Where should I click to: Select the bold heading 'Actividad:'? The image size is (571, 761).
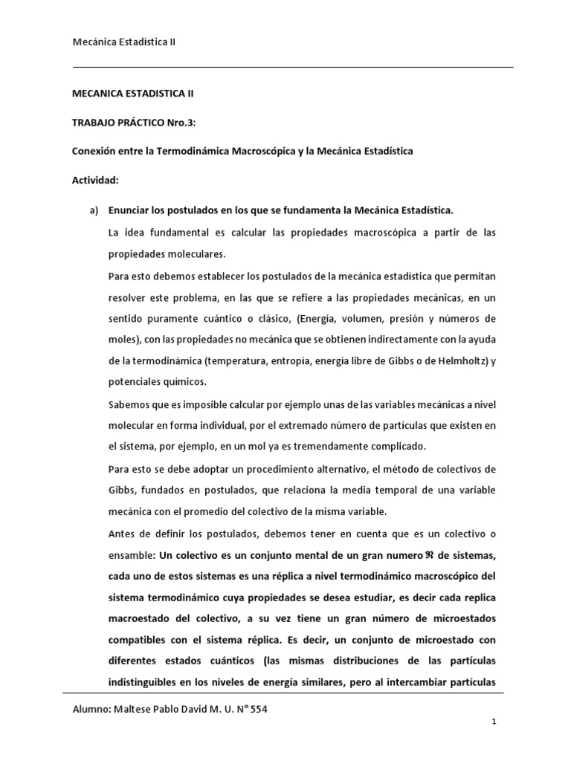(x=94, y=180)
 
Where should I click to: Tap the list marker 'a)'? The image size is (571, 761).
(x=94, y=211)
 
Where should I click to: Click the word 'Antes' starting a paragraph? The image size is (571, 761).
(x=122, y=534)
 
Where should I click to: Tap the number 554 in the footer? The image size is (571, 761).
(x=257, y=709)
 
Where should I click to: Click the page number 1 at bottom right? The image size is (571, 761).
(x=493, y=742)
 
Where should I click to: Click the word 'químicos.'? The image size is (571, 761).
(x=182, y=382)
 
